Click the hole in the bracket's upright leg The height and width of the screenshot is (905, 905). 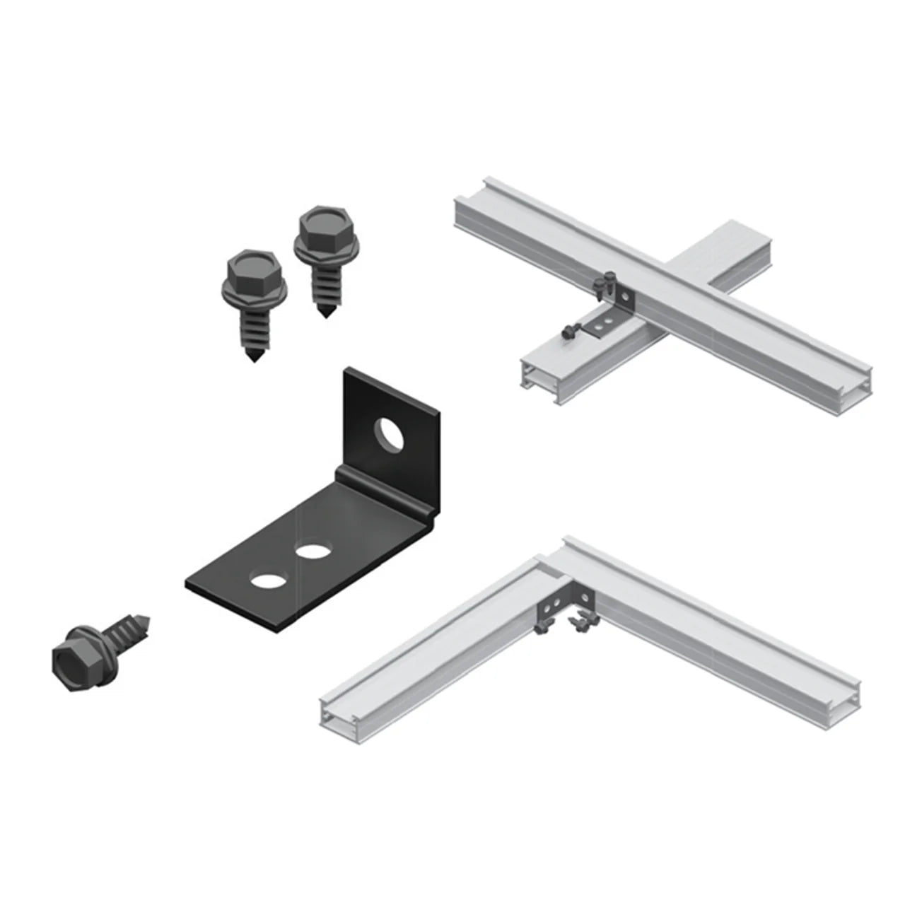click(388, 433)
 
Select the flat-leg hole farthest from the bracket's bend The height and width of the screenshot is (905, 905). click(265, 581)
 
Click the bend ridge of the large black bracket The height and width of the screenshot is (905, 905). click(385, 487)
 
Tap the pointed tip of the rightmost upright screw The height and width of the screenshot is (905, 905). click(325, 313)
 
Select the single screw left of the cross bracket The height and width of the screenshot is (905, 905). click(568, 329)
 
